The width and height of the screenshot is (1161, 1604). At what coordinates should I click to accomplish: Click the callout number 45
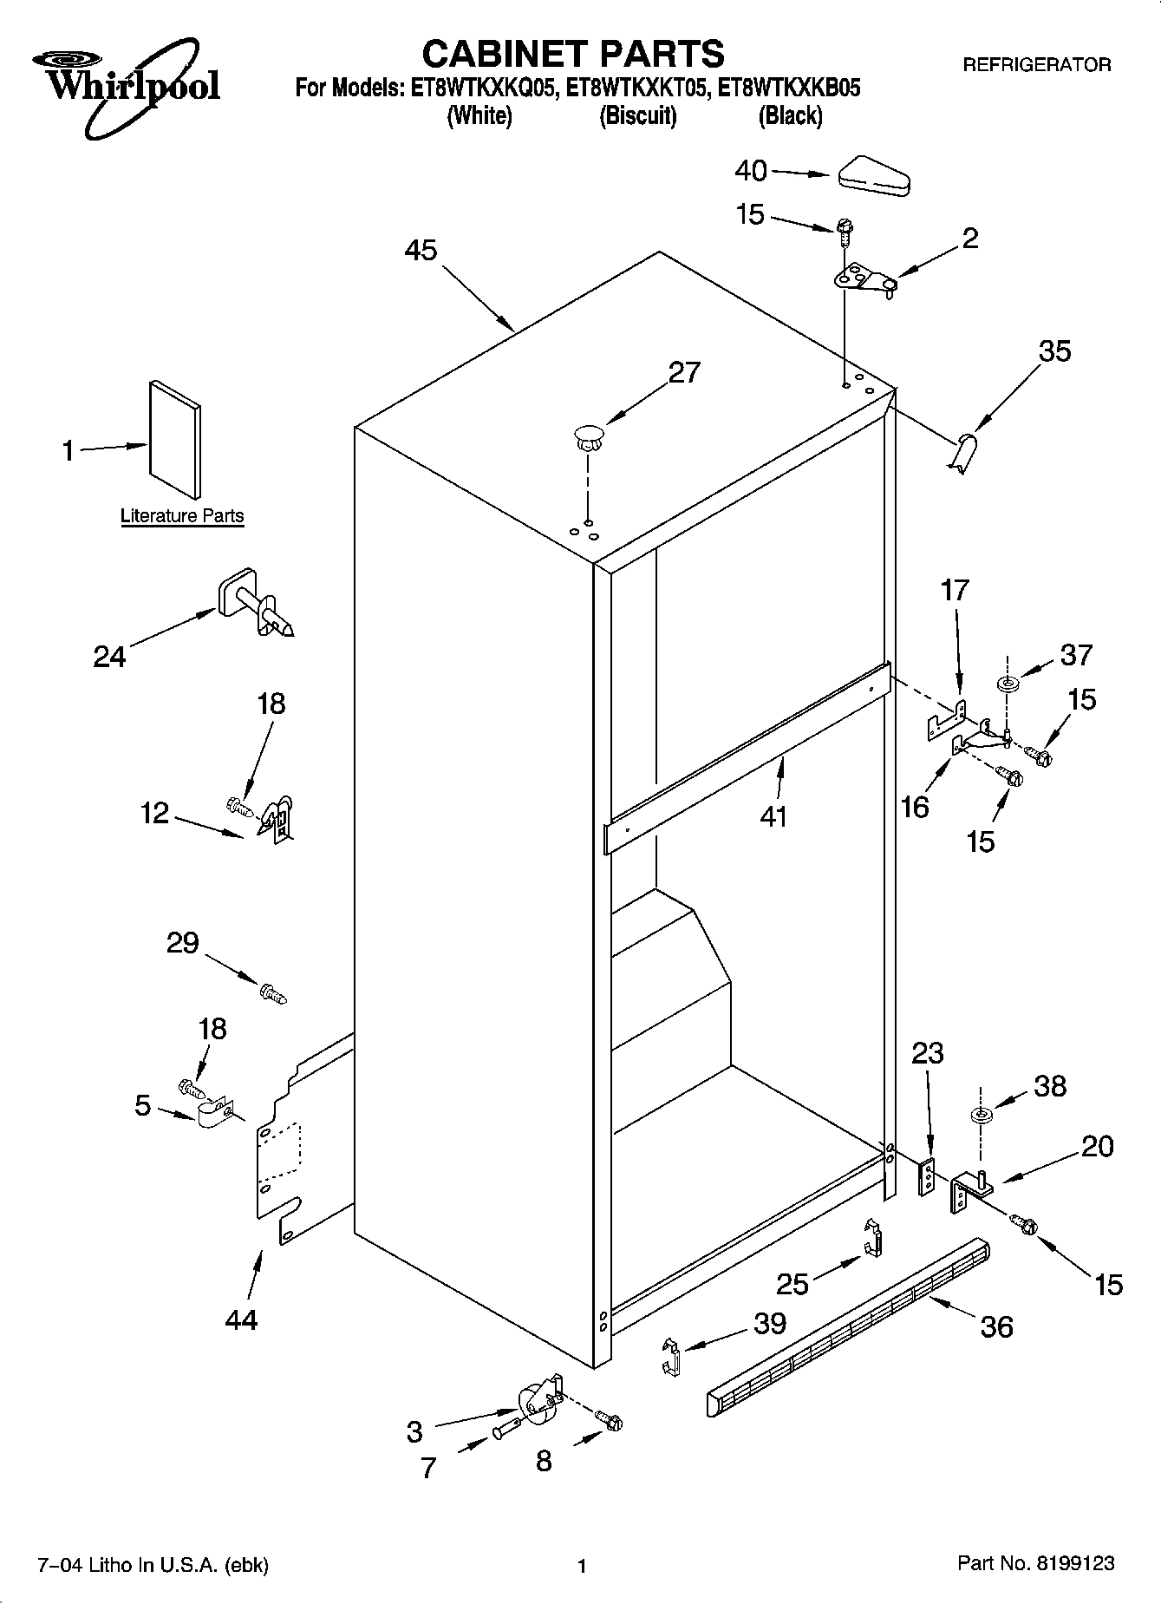click(421, 251)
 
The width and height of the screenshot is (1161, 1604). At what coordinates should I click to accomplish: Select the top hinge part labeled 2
click(865, 279)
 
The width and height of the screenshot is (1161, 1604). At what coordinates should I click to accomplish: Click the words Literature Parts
click(182, 516)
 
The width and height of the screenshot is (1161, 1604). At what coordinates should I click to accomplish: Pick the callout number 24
click(109, 657)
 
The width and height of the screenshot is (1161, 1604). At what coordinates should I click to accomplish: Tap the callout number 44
click(240, 1319)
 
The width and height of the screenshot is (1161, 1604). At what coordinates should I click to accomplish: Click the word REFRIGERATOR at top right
click(1036, 65)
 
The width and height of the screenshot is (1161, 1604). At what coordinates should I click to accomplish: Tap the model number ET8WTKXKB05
click(784, 88)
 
